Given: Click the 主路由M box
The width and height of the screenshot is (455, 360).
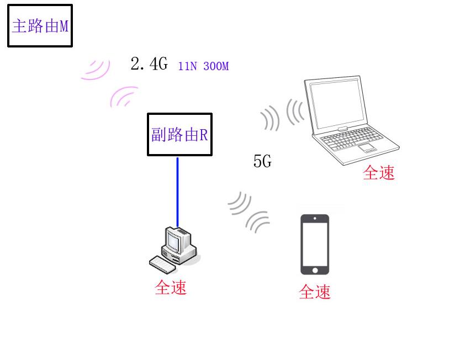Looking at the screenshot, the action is [x=40, y=25].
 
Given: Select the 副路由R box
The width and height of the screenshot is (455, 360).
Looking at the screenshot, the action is [x=179, y=134].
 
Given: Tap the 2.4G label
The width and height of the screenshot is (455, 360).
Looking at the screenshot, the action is [x=149, y=63].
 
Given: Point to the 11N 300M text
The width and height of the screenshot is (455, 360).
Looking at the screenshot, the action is [x=203, y=66].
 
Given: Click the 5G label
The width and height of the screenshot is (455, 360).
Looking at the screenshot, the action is [x=262, y=161].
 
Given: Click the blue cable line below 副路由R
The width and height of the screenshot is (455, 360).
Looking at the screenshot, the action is [x=178, y=192].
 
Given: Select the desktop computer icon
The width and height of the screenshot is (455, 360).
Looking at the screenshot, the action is [x=174, y=250].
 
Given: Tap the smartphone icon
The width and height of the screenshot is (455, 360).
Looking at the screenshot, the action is [x=315, y=245].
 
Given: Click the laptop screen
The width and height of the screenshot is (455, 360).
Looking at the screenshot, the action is [x=337, y=104].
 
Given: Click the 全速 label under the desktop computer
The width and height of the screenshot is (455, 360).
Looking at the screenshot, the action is [x=171, y=288].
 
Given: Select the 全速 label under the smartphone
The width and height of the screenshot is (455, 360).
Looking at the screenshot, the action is [x=315, y=292].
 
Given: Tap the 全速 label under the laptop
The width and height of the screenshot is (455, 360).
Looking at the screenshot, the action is [x=379, y=173].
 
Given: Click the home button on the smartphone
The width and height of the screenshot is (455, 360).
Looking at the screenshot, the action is [x=315, y=271].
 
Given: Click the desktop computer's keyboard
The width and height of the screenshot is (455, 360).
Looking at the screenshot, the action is [x=162, y=264].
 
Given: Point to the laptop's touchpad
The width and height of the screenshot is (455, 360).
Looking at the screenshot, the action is [x=367, y=148].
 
